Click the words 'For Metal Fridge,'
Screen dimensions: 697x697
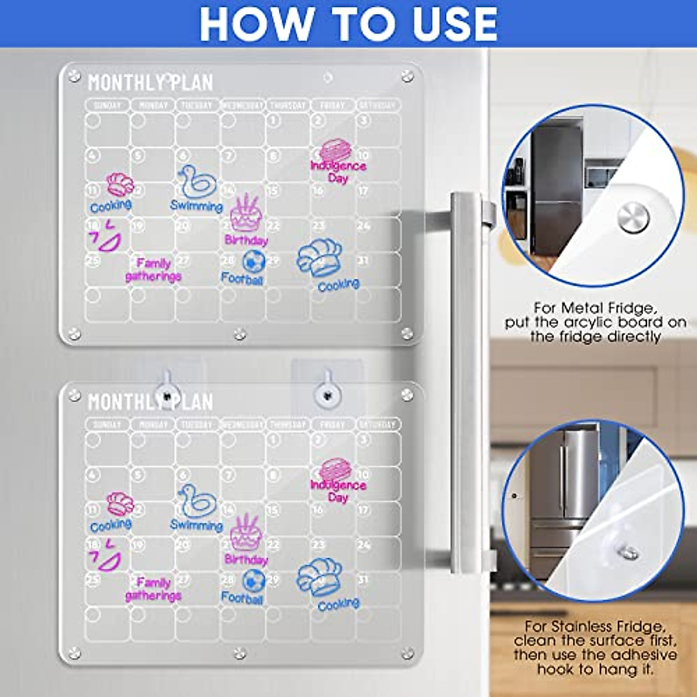pyautogui.click(x=595, y=308)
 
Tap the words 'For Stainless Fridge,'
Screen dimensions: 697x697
pyautogui.click(x=595, y=627)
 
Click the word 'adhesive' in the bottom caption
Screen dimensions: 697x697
pyautogui.click(x=644, y=655)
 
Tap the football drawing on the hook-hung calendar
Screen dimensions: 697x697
pyautogui.click(x=254, y=580)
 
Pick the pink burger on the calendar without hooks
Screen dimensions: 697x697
pyautogui.click(x=335, y=150)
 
